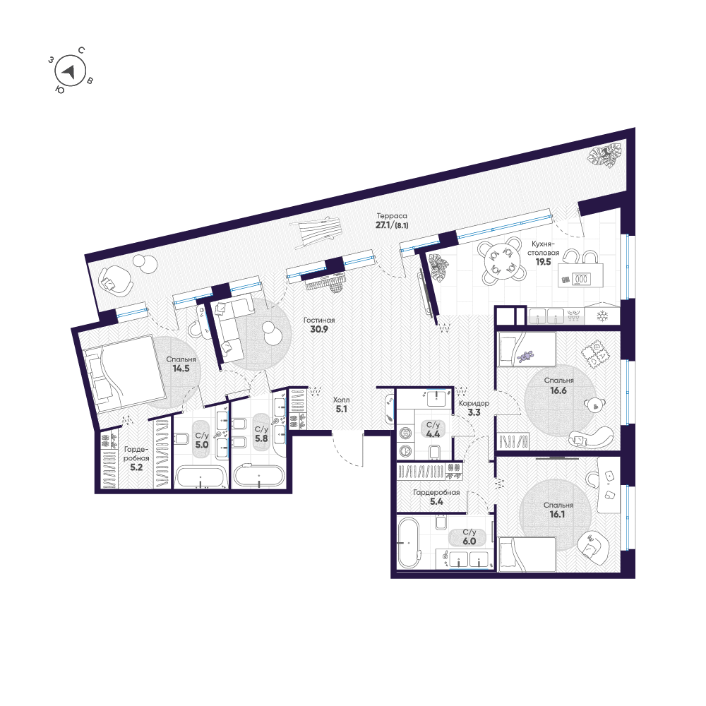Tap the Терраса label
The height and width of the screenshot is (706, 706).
[x=392, y=216]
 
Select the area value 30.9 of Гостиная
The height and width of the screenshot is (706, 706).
[x=319, y=330]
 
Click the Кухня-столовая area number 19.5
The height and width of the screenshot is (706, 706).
[x=544, y=262]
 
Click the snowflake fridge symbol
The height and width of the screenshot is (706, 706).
[x=602, y=316]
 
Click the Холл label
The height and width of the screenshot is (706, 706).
[x=341, y=400]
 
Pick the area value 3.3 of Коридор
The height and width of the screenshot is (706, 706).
[x=474, y=412]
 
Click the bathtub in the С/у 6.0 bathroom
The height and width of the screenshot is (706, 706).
[x=409, y=544]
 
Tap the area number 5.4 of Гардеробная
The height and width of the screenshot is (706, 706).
[x=436, y=501]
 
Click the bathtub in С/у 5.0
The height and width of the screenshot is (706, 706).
[x=201, y=477]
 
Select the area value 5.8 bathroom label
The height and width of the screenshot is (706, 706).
[x=261, y=438]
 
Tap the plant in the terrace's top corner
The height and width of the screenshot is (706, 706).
[x=606, y=155]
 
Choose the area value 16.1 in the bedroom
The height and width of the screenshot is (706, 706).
[x=558, y=514]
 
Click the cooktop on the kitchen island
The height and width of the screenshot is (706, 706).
[x=581, y=279]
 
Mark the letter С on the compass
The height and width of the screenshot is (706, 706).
[x=81, y=50]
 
